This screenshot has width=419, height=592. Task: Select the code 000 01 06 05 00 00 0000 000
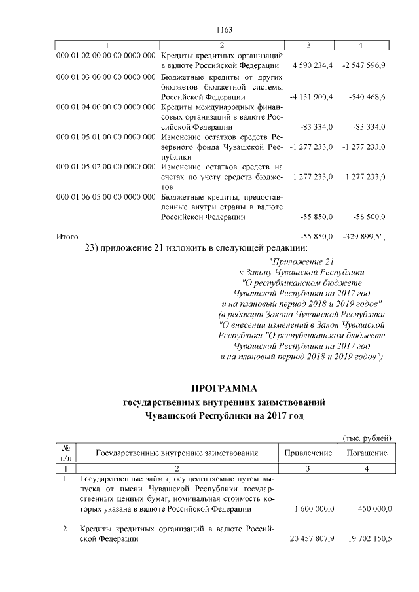tap(105, 197)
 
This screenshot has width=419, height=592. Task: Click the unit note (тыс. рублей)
tap(367, 438)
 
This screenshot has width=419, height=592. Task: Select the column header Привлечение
tap(308, 453)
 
